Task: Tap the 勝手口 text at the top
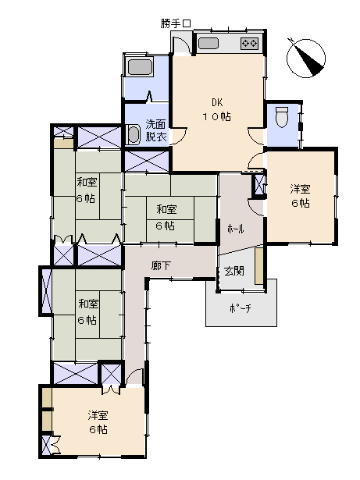(x=176, y=23)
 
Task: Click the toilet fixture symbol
(x=282, y=116)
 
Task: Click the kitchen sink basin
(x=208, y=44)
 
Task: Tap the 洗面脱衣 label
(x=156, y=130)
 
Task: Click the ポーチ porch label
(x=240, y=309)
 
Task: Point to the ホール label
(x=235, y=229)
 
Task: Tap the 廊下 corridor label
(x=161, y=266)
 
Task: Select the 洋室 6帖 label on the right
(x=301, y=196)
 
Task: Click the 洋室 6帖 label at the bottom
(x=97, y=422)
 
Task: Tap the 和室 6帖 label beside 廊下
(x=87, y=311)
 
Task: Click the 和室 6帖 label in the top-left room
(x=86, y=190)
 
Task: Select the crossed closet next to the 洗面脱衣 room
(x=146, y=162)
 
